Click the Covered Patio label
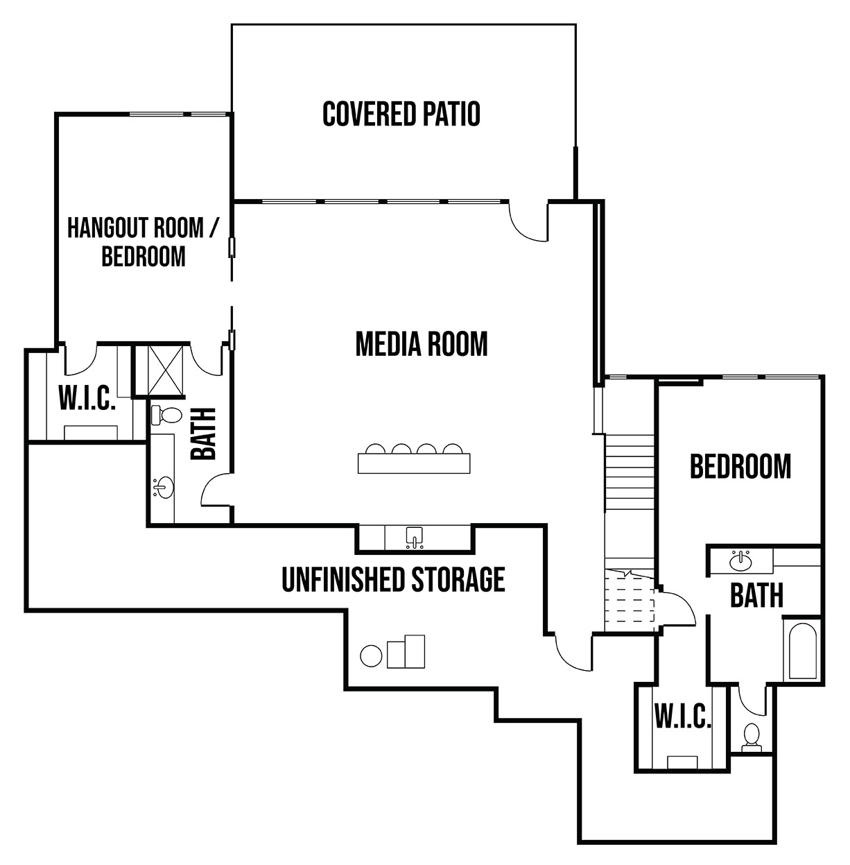[x=401, y=114]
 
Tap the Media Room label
[x=422, y=344]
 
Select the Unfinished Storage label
[x=393, y=579]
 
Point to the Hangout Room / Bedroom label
[x=143, y=241]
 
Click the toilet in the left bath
[x=165, y=416]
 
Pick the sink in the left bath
[x=164, y=488]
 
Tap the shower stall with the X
[x=159, y=370]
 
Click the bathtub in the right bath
[x=802, y=651]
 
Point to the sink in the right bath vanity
[x=740, y=560]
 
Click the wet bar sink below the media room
[x=414, y=538]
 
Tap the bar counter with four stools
[x=414, y=459]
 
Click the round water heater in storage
[x=371, y=656]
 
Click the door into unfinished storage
[x=573, y=653]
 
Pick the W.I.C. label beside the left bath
[x=87, y=397]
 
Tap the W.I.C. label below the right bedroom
[x=683, y=716]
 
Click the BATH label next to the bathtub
[x=756, y=595]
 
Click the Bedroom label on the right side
[x=740, y=466]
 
